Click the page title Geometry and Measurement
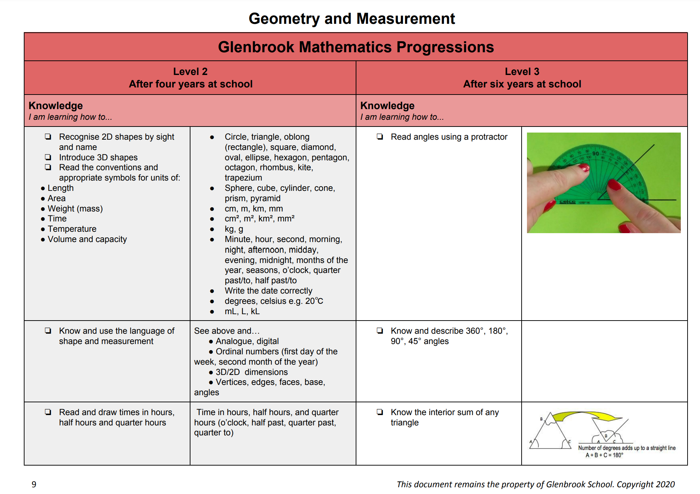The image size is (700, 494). (351, 18)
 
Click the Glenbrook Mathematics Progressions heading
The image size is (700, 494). (356, 47)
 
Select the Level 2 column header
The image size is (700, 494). (190, 77)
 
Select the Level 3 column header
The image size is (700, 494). (522, 77)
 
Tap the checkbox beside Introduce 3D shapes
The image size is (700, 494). (48, 157)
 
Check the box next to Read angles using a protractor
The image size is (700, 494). (380, 137)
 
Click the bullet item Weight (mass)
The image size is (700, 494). (75, 209)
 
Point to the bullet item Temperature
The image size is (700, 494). (72, 229)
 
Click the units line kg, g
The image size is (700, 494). (234, 229)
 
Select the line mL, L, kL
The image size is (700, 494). (242, 311)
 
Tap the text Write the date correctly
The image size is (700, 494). (268, 291)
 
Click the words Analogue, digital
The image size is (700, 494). (247, 341)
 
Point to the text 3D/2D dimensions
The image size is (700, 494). (252, 372)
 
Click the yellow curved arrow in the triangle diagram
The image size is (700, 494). (586, 415)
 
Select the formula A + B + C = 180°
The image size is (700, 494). (604, 455)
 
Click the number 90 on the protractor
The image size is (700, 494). (596, 154)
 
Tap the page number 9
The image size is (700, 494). (34, 484)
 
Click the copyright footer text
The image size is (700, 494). (535, 484)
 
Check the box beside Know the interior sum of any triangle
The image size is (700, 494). (380, 412)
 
